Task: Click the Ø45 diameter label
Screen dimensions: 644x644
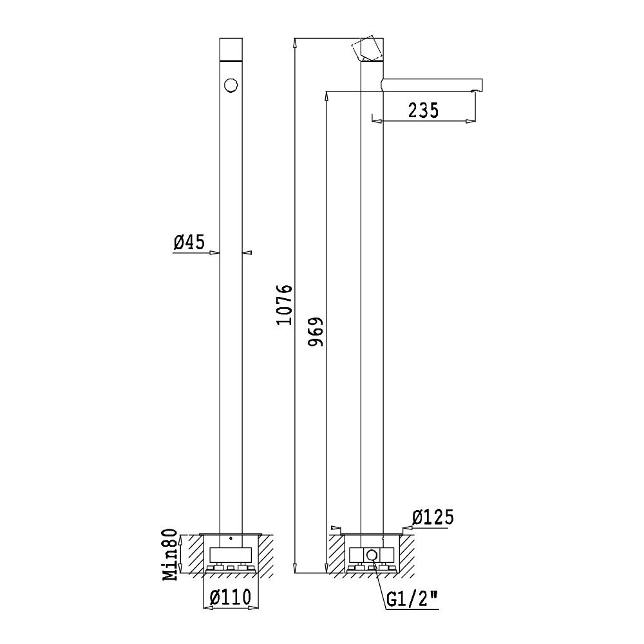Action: click(x=189, y=242)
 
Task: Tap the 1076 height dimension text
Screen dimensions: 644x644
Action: click(x=284, y=305)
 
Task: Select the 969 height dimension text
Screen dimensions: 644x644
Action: click(x=316, y=332)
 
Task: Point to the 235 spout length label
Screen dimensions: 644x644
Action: click(x=423, y=111)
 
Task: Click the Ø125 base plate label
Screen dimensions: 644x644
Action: click(x=433, y=517)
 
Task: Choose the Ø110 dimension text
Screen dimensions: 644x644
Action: click(x=230, y=597)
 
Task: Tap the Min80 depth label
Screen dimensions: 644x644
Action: click(x=171, y=554)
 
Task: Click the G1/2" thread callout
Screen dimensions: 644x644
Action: click(x=412, y=600)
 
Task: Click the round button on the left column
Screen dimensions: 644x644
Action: click(x=231, y=86)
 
